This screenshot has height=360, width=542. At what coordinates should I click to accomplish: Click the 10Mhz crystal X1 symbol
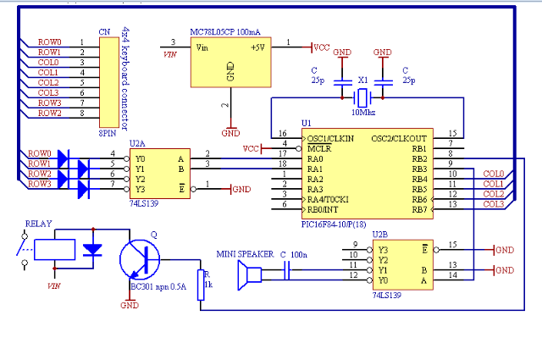[362, 98]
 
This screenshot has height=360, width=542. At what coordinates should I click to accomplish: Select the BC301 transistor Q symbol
[140, 259]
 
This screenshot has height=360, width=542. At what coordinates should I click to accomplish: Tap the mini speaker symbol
[250, 275]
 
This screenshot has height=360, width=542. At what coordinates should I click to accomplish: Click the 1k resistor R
[201, 285]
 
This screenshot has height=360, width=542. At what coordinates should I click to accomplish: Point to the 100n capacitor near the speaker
[286, 270]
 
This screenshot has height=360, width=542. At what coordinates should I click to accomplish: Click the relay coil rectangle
[54, 249]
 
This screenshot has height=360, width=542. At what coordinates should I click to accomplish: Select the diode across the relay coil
[92, 250]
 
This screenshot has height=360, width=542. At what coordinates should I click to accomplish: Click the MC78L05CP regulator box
[231, 62]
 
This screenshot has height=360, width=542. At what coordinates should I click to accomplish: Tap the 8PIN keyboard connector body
[109, 82]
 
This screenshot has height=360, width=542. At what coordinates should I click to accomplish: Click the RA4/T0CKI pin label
[328, 200]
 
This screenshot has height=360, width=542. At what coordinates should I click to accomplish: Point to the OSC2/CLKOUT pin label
[399, 139]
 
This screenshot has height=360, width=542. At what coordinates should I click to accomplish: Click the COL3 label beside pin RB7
[494, 204]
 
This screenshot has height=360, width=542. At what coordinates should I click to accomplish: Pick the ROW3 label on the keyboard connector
[49, 102]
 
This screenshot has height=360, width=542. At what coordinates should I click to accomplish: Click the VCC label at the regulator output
[322, 47]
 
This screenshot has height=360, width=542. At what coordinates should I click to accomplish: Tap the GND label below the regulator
[230, 133]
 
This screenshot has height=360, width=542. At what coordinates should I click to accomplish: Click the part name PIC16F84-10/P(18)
[334, 224]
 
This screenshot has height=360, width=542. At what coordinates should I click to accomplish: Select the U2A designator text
[137, 143]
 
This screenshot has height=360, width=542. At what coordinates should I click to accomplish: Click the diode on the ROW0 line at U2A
[64, 158]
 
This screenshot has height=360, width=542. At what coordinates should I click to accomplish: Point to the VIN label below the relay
[54, 286]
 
